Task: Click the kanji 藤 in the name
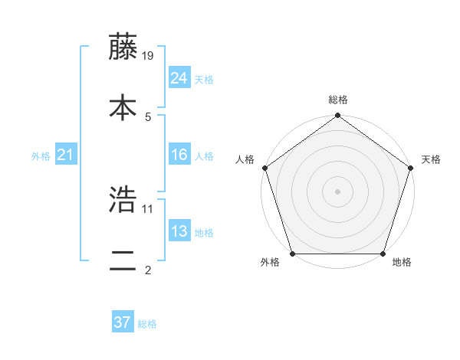click(x=123, y=47)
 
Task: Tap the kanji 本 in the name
click(x=123, y=108)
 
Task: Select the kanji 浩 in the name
click(x=123, y=200)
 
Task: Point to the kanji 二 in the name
click(x=123, y=260)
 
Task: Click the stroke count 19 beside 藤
click(x=149, y=55)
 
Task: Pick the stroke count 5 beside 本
click(x=148, y=116)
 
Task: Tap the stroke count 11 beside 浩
click(x=149, y=208)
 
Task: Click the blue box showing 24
click(x=179, y=77)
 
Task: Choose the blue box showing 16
click(x=179, y=154)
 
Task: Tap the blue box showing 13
click(x=179, y=231)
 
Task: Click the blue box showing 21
click(x=66, y=155)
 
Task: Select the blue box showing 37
click(x=123, y=322)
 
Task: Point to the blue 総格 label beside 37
click(x=147, y=324)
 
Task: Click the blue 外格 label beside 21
click(x=41, y=156)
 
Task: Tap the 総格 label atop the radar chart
click(x=338, y=100)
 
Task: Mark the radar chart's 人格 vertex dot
click(x=264, y=168)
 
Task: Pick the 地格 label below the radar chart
click(x=402, y=263)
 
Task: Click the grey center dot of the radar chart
click(x=338, y=191)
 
